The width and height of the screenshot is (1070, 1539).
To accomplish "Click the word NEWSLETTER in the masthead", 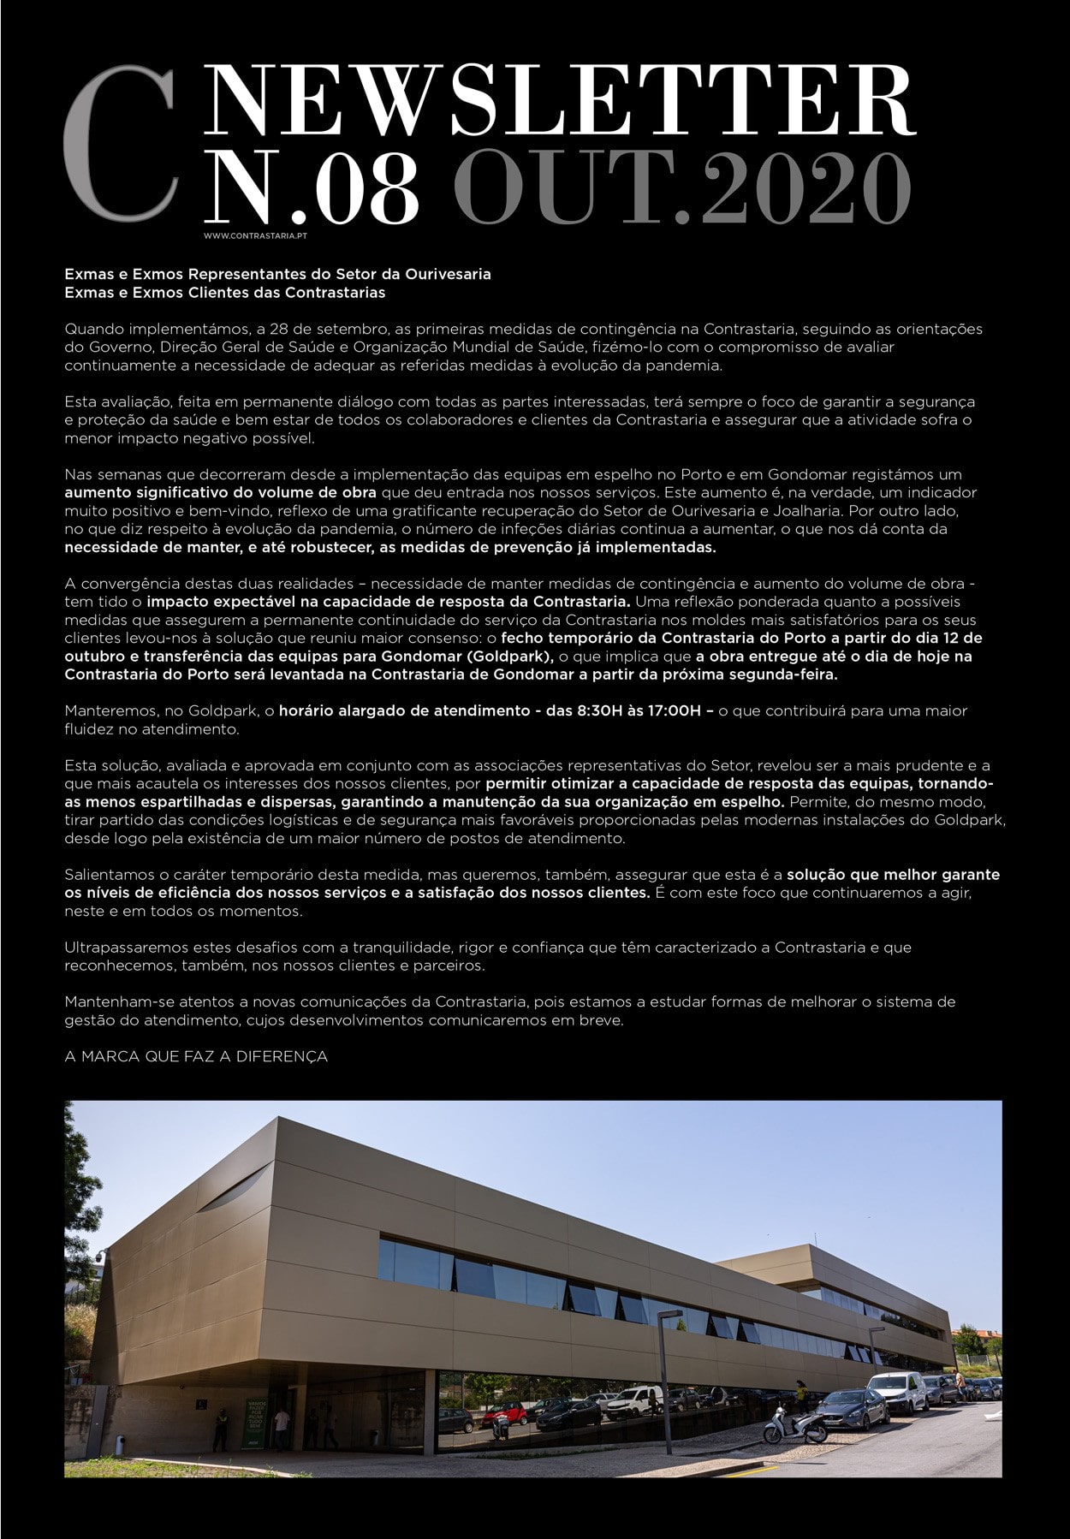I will point(561,102).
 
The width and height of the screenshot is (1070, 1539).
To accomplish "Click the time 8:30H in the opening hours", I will point(581,710).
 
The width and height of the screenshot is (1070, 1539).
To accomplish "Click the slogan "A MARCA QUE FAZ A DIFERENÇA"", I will point(196,1056).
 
